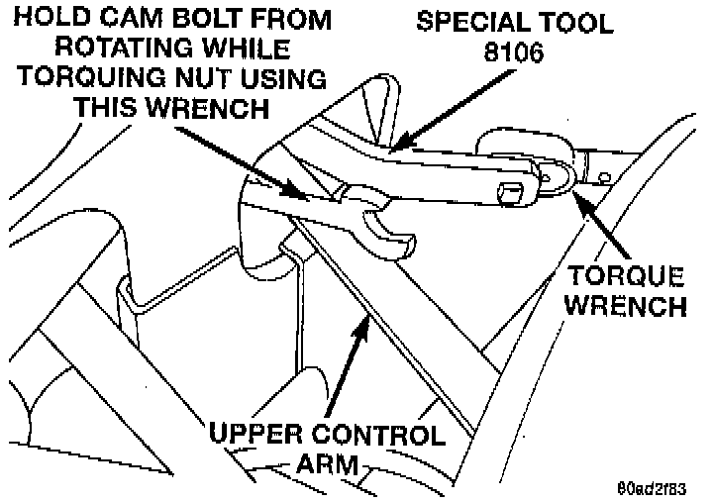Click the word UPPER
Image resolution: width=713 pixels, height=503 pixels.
(253, 436)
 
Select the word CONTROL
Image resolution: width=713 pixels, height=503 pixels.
(378, 436)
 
